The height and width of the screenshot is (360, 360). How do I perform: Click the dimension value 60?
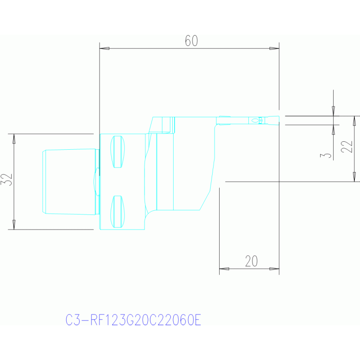click(191, 41)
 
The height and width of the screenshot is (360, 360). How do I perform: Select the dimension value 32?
click(7, 180)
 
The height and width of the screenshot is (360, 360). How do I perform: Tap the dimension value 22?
click(346, 146)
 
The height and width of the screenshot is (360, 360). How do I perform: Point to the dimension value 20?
click(252, 261)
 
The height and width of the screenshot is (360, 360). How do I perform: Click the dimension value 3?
click(326, 155)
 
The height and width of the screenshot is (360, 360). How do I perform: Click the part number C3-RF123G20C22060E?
click(133, 320)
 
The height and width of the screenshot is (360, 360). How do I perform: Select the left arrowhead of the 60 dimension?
click(105, 48)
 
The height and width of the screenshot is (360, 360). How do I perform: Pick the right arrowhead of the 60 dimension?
click(274, 48)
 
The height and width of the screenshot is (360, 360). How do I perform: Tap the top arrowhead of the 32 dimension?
click(14, 138)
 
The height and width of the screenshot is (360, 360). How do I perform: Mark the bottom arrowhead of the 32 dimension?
click(14, 224)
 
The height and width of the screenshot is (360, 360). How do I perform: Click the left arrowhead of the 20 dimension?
click(224, 268)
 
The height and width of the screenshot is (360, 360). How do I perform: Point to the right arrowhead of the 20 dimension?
click(274, 268)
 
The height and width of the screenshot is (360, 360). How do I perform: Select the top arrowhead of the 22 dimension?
click(354, 121)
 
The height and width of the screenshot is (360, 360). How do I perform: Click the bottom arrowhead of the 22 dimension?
click(354, 177)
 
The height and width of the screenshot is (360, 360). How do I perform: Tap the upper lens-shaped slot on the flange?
click(117, 152)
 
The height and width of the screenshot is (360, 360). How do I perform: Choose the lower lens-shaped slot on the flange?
click(117, 212)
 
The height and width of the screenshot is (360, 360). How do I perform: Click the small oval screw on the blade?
click(255, 121)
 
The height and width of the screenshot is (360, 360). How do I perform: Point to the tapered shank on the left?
click(71, 182)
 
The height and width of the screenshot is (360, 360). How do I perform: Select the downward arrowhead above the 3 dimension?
click(334, 111)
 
